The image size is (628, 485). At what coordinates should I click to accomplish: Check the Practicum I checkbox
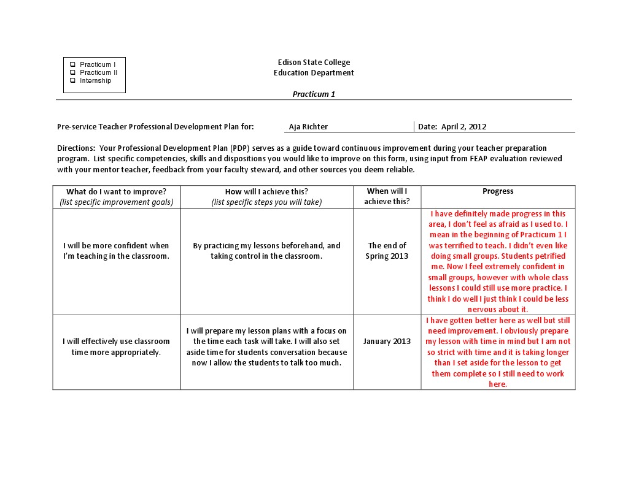tap(72, 64)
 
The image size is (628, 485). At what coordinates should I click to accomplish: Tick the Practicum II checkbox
tap(72, 72)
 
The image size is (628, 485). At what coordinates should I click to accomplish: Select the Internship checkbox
tap(72, 80)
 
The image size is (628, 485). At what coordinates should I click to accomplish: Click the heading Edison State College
tap(314, 63)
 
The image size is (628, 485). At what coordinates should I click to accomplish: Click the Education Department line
tap(314, 73)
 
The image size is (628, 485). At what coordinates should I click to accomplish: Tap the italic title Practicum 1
tap(314, 94)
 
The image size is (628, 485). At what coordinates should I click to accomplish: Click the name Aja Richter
tap(308, 127)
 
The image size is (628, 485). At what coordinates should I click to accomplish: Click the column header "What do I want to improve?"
tap(116, 191)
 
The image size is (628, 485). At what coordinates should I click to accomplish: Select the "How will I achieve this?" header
tap(266, 191)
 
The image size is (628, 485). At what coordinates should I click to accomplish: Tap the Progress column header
tap(498, 191)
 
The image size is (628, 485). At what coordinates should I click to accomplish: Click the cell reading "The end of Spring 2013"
tap(387, 251)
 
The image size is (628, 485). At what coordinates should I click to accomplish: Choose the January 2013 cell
tap(387, 342)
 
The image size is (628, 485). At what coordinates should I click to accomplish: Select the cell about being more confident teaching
tap(116, 251)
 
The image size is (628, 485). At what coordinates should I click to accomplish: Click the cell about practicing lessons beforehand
tap(266, 251)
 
